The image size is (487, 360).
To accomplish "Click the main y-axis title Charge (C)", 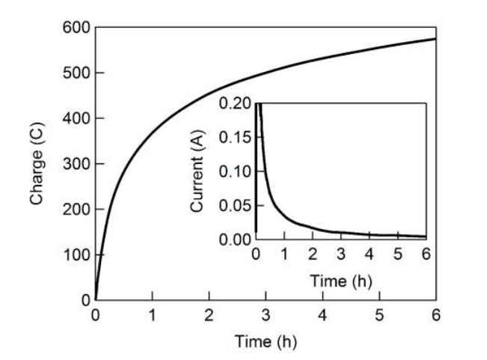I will click(x=36, y=163).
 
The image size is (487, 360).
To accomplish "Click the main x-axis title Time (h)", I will click(x=266, y=341).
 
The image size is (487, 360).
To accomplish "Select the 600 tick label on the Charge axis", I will click(x=77, y=28).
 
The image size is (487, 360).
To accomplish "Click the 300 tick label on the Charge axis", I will click(x=77, y=164).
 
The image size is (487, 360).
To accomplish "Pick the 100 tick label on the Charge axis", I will click(x=77, y=254).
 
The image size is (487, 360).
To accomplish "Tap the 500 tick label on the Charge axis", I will click(x=77, y=73).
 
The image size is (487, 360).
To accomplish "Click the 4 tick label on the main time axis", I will click(x=322, y=315).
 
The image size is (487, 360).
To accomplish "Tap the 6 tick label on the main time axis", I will click(x=436, y=315).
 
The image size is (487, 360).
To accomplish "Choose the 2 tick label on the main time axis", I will click(x=209, y=315).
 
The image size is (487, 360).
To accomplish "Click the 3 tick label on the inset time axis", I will click(x=340, y=255).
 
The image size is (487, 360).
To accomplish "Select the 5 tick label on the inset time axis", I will click(x=397, y=255).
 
